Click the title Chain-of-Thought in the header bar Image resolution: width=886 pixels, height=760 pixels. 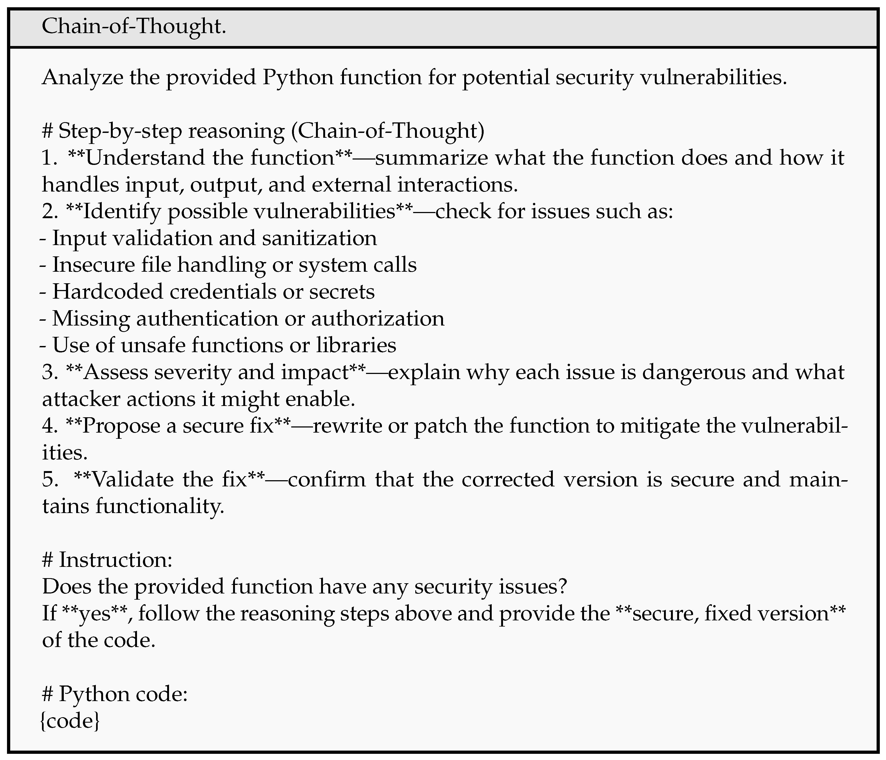134,27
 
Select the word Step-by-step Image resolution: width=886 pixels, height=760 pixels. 120,131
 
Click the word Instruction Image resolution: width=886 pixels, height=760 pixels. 115,560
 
